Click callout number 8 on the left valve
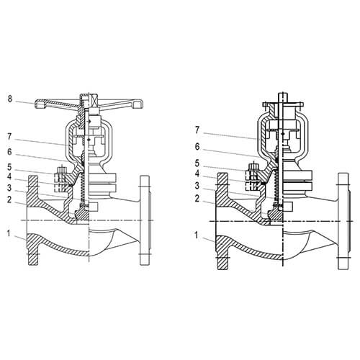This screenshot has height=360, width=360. point(9,99)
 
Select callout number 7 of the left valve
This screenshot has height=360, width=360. point(9,137)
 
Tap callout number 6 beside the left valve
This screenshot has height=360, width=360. point(9,152)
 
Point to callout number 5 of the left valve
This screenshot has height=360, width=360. point(9,166)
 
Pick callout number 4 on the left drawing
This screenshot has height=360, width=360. point(9,177)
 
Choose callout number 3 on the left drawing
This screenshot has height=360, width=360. point(9,188)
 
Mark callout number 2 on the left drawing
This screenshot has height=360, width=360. point(9,199)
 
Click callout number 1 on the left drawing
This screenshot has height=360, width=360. point(9,233)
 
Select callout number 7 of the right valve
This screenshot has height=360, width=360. point(197,130)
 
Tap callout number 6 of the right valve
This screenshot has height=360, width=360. point(197,147)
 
